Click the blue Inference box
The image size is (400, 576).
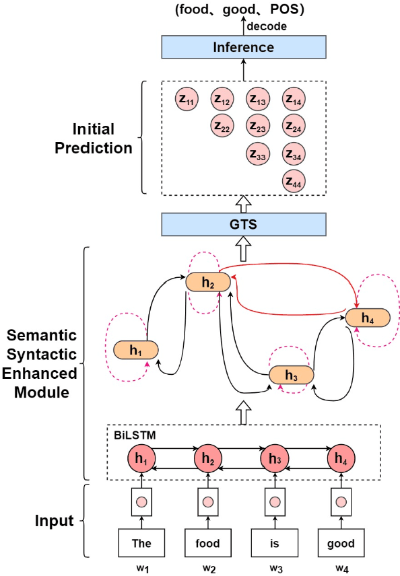pos(243,48)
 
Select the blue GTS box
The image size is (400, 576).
pos(243,223)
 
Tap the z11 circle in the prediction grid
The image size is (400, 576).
pos(187,100)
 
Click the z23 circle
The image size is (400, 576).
pos(257,125)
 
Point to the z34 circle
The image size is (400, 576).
pos(293,153)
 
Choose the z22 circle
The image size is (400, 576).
pos(222,125)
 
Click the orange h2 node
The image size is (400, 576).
pos(208,283)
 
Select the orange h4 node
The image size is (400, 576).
pos(368,318)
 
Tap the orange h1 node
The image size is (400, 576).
pos(135,350)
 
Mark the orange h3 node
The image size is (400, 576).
pos(292,375)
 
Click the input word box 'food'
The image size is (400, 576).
pos(208,542)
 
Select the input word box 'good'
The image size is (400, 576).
pos(341,542)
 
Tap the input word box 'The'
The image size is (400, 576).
pos(141,542)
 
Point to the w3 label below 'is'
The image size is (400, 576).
pos(275,568)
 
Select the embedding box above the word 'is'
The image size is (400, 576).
pos(275,502)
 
